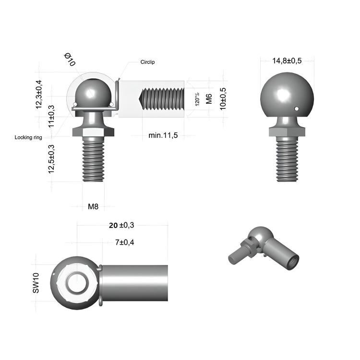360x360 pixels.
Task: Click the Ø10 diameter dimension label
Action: click(70, 60)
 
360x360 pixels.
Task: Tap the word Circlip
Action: click(147, 62)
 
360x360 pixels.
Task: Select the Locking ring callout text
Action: click(28, 137)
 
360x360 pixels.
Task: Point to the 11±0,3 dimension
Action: click(51, 115)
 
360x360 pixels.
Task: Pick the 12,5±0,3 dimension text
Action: click(51, 159)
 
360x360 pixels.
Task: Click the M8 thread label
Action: click(93, 207)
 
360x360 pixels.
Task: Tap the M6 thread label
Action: click(209, 99)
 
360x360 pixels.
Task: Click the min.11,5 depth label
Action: click(163, 135)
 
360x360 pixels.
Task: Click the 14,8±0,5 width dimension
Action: click(287, 60)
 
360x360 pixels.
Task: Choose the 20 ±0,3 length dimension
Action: click(121, 225)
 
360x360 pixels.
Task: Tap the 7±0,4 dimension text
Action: click(124, 242)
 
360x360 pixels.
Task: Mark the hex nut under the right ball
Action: click(287, 132)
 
